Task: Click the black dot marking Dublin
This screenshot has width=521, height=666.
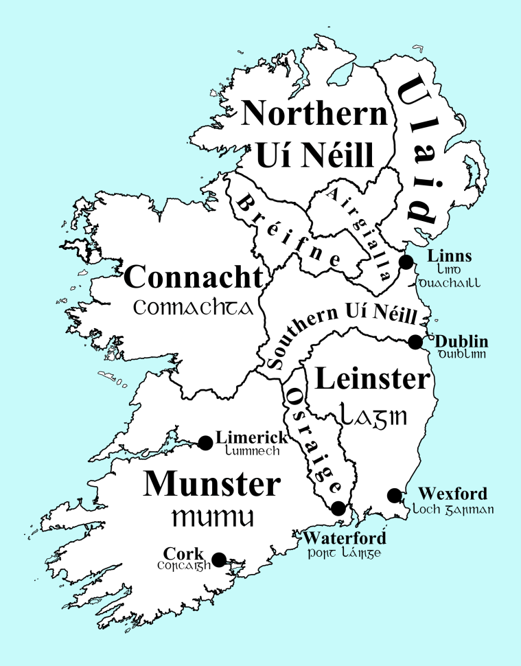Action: coord(415,342)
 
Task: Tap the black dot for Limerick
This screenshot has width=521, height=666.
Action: coord(205,442)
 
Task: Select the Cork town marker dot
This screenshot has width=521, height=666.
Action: coord(219,560)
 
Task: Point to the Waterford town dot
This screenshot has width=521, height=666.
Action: coord(338,508)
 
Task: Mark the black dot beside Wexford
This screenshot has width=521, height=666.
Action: coord(394,495)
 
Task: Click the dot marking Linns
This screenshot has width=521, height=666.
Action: coord(406,262)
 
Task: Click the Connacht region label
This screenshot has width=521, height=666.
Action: coord(194,278)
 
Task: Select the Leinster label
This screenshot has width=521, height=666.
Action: coord(371,378)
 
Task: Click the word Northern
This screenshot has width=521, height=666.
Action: coord(315,113)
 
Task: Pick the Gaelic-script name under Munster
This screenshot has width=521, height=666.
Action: coord(212,516)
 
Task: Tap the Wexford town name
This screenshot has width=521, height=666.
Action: coord(453,494)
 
